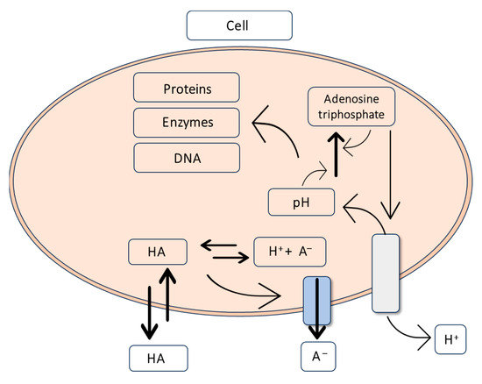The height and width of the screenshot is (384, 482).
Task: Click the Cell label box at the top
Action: pos(237,25)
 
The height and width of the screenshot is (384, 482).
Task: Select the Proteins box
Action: pos(187,89)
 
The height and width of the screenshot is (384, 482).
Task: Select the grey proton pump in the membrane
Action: pos(386,272)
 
